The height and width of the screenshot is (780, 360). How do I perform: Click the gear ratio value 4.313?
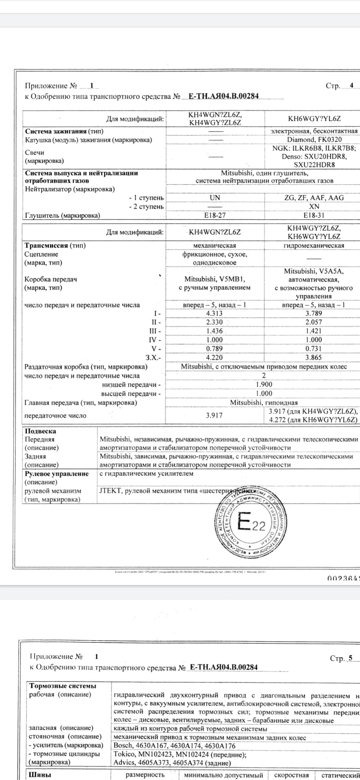coord(215,313)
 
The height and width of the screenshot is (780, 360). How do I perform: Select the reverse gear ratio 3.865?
coord(313,357)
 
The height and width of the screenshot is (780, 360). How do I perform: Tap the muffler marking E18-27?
coord(215,215)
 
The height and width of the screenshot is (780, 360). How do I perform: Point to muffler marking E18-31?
coord(313,215)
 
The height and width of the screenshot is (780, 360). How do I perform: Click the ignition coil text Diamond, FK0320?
coord(314,139)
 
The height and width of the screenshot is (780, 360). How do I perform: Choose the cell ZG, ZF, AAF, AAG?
coord(314,198)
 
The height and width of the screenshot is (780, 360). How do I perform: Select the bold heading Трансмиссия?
coord(46,245)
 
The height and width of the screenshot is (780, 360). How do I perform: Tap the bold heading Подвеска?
coord(41,431)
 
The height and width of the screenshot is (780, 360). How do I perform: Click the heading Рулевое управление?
coord(56,474)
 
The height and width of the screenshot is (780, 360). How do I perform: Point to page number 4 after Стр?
coord(352,85)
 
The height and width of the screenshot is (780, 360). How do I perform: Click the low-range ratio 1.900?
coord(264,384)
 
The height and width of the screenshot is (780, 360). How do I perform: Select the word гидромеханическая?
coord(313,245)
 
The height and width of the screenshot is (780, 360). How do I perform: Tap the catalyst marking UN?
coord(215,198)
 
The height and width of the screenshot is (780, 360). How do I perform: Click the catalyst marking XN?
coord(314,206)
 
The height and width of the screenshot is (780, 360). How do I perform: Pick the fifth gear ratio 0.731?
coord(313,349)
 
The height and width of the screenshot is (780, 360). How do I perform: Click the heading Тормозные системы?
coord(63,686)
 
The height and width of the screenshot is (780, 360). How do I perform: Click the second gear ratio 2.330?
coord(215,322)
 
